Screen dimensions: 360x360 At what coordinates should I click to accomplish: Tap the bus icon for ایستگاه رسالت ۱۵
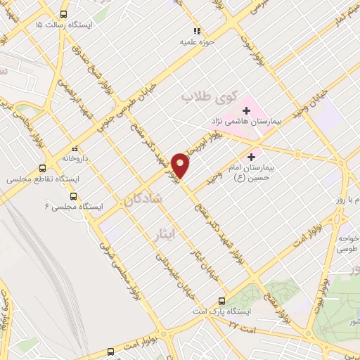[64, 14]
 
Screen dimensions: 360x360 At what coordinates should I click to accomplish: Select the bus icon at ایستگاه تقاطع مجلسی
[43, 169]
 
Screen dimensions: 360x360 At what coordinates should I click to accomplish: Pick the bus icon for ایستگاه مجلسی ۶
[75, 197]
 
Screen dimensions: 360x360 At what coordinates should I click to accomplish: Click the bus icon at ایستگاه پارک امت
[222, 300]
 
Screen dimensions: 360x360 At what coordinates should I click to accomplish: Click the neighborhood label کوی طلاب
[211, 96]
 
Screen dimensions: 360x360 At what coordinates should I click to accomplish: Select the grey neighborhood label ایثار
[158, 236]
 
